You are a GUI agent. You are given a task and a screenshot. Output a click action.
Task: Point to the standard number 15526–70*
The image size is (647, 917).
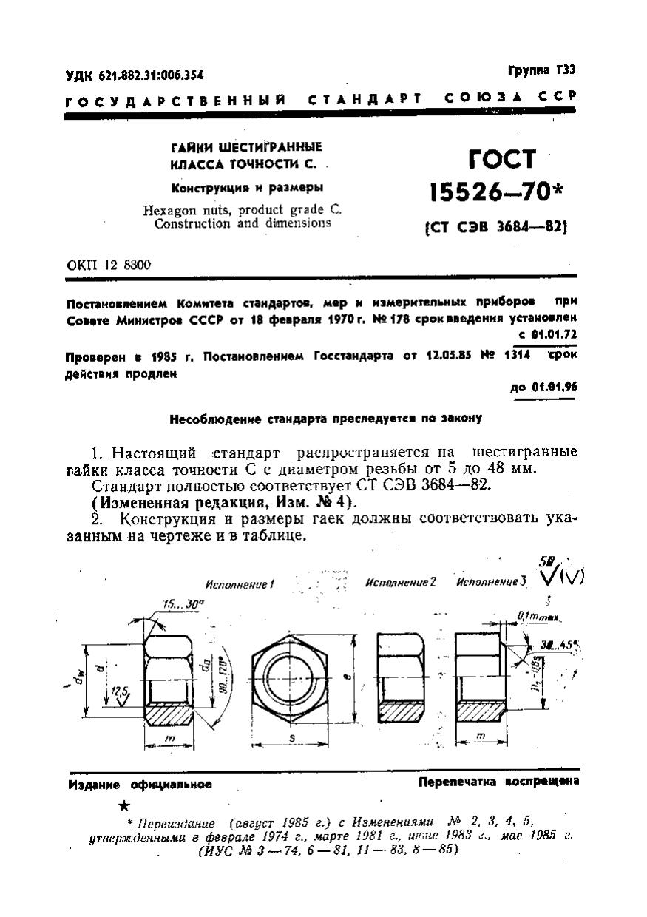pos(496,193)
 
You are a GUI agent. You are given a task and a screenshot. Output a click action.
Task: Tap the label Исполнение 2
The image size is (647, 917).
pos(401,582)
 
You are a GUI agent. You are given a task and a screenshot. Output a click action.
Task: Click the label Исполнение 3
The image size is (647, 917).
pos(491,582)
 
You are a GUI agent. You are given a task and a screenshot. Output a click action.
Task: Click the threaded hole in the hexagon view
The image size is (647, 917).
pos(295,674)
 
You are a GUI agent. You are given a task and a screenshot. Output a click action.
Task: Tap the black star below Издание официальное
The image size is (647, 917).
pos(124,805)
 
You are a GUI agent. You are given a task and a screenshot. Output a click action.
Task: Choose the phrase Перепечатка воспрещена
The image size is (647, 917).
pos(499,782)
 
